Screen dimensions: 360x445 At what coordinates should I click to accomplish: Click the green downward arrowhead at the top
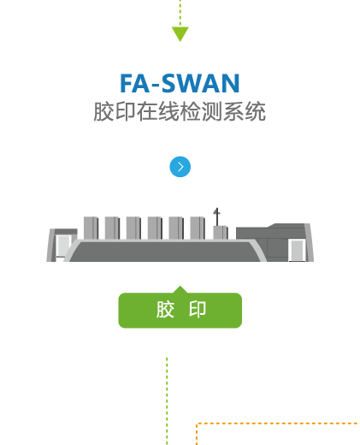180,33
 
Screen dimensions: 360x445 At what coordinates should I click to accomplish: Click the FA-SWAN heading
180,83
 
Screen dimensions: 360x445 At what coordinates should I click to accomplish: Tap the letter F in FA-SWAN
126,83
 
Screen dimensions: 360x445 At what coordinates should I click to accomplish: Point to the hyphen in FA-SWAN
156,86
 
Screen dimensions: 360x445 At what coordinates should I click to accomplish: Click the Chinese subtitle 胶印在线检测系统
180,111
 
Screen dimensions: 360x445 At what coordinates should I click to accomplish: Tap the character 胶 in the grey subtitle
104,111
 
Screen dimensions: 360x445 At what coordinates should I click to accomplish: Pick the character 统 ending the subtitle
256,111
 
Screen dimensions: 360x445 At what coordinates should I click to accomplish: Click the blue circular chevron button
180,167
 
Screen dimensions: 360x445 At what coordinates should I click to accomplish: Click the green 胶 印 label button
180,310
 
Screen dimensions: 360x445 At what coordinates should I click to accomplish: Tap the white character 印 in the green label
198,309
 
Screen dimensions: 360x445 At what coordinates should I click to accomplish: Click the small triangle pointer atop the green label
180,289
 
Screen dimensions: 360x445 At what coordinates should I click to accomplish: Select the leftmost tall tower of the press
91,228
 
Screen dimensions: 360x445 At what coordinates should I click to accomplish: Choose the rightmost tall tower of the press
198,228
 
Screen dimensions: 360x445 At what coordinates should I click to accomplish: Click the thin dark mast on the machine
217,217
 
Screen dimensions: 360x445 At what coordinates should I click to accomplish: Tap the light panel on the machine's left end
64,246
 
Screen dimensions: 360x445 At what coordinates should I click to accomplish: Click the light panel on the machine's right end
298,250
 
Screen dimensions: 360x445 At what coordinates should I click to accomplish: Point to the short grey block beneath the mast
221,233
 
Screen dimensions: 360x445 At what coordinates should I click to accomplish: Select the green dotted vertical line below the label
167,400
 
